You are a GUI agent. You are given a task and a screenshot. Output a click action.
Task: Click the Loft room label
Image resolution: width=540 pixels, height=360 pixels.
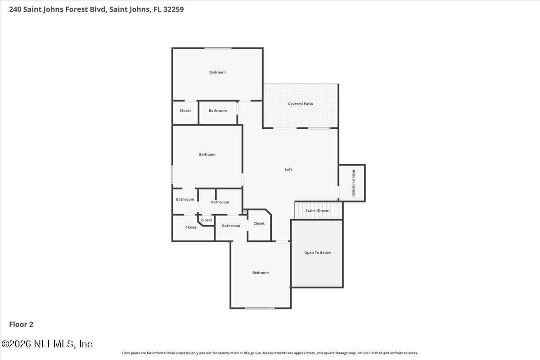point(288,170)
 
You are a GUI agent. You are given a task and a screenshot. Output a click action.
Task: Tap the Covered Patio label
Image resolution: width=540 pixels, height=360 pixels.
point(301,103)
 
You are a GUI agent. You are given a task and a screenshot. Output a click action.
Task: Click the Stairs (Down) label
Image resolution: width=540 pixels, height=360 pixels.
point(317,211)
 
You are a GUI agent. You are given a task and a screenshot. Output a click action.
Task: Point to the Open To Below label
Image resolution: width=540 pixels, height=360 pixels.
point(318,252)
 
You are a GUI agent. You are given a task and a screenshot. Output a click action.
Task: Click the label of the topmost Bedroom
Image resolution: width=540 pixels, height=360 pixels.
point(217,72)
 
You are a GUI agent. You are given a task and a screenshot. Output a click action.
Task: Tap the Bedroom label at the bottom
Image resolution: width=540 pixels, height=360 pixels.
point(261,272)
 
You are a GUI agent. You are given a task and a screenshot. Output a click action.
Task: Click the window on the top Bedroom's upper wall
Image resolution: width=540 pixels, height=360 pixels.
point(218,48)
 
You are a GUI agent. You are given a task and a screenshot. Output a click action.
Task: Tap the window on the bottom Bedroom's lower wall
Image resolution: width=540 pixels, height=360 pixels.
point(260,308)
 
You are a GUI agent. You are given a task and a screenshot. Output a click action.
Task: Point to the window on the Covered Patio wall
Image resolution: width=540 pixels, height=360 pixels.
point(319,128)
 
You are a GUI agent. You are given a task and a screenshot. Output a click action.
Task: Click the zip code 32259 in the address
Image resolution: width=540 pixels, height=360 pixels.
point(174,9)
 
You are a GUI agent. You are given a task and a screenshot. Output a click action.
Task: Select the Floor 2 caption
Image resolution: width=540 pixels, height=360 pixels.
point(21,324)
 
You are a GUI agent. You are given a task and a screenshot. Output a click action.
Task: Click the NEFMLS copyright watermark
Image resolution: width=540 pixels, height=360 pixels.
point(47,344)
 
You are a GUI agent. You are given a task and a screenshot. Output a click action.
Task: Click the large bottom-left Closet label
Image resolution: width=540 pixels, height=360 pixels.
point(191,227)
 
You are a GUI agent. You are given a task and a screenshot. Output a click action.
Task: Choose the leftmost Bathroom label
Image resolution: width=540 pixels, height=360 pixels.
point(185,199)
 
